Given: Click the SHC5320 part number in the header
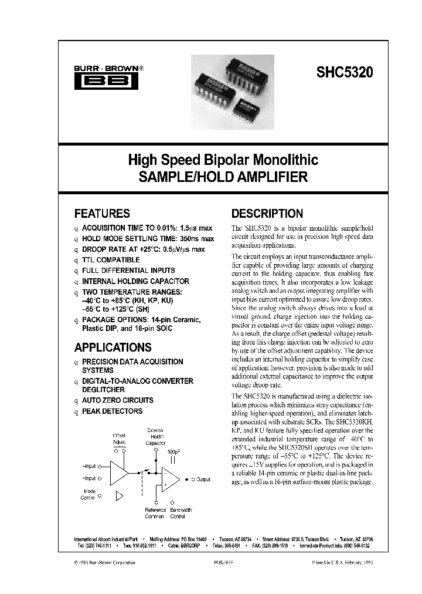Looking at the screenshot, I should tap(344, 73).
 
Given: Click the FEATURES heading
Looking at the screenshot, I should tap(102, 214).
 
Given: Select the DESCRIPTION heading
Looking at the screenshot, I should tap(267, 214).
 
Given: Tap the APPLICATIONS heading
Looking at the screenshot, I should tap(113, 347).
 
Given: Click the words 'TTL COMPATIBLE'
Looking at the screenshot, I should tap(111, 259).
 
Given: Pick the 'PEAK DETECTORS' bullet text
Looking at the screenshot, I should tap(112, 411).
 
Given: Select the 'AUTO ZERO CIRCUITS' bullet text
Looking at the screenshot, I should tap(117, 400).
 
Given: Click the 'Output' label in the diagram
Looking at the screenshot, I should tap(203, 479).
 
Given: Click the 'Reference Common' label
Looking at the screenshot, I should tap(155, 513).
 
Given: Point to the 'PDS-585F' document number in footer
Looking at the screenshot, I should tap(222, 562).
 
